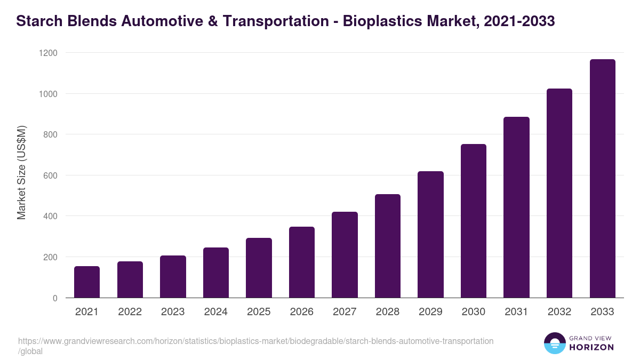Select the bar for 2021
tap(87, 282)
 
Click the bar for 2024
tap(216, 273)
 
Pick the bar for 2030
tap(474, 221)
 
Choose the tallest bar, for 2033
tap(602, 179)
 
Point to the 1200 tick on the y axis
tap(47, 53)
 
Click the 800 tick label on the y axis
tap(50, 134)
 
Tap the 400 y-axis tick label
tap(50, 216)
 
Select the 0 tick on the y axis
tap(54, 298)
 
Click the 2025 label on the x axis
tap(259, 312)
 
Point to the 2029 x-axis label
tap(430, 312)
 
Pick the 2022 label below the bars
tap(130, 312)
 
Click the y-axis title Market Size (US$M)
tap(22, 173)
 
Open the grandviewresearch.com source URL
tap(255, 341)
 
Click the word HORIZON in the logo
tap(591, 347)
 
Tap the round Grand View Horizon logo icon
tap(555, 343)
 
